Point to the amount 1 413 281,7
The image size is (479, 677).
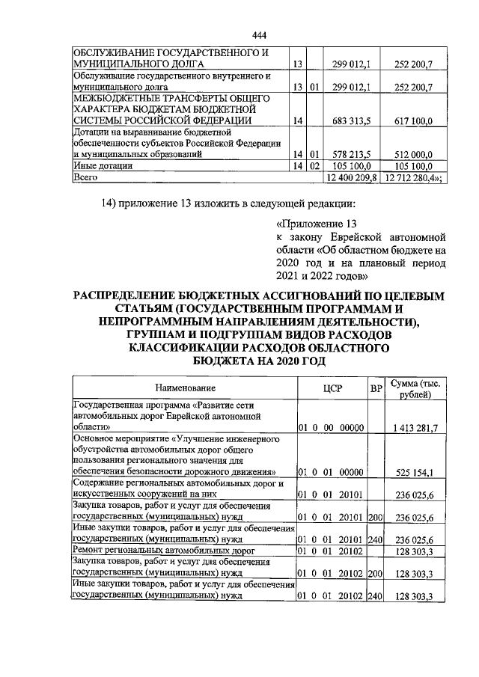pyautogui.click(x=414, y=426)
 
